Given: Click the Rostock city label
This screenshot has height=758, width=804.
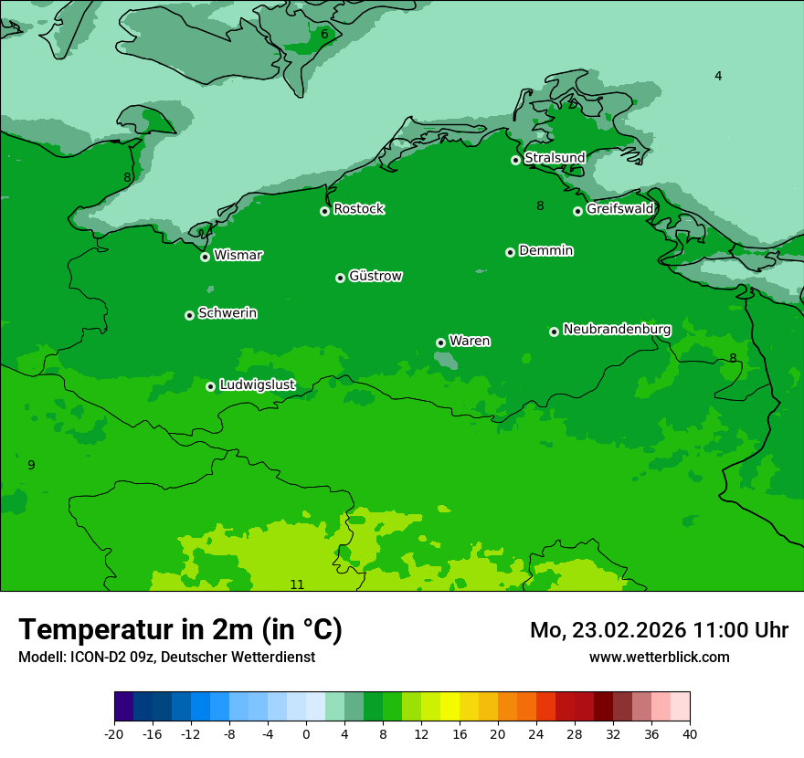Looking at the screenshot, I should [x=358, y=209].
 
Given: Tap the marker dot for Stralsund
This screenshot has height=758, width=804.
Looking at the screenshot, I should [x=515, y=160].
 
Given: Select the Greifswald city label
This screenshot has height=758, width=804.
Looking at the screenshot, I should [x=619, y=209].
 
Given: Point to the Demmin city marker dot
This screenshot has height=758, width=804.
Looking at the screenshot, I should [x=510, y=252].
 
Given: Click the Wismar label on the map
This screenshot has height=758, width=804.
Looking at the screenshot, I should [x=238, y=255].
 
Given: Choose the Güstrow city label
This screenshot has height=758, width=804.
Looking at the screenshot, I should [x=375, y=276].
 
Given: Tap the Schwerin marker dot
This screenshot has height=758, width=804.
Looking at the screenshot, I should [x=189, y=315].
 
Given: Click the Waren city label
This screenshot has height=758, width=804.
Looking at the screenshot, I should [x=470, y=341].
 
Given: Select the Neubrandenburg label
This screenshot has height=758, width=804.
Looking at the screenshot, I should [x=617, y=329].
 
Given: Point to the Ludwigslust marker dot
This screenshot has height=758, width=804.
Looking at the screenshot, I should [x=210, y=386].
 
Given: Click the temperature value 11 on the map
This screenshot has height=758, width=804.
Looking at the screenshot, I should [x=297, y=584].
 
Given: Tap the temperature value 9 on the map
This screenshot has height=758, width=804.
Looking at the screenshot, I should [x=31, y=465].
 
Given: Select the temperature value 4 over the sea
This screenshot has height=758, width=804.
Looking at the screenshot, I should [x=718, y=76].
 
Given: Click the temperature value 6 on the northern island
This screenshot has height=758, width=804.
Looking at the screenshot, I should [x=324, y=34].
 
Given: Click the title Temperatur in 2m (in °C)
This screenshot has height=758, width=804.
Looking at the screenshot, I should [x=180, y=629].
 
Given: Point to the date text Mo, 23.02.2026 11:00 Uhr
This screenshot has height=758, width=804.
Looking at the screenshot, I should [x=659, y=630].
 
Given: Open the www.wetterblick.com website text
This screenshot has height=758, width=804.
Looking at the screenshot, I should [x=659, y=657].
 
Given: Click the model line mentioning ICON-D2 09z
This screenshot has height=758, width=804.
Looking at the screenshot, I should [x=166, y=657].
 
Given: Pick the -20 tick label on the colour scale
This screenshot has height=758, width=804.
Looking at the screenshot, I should [x=114, y=733].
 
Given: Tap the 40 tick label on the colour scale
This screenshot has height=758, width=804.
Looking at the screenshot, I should [x=689, y=733].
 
